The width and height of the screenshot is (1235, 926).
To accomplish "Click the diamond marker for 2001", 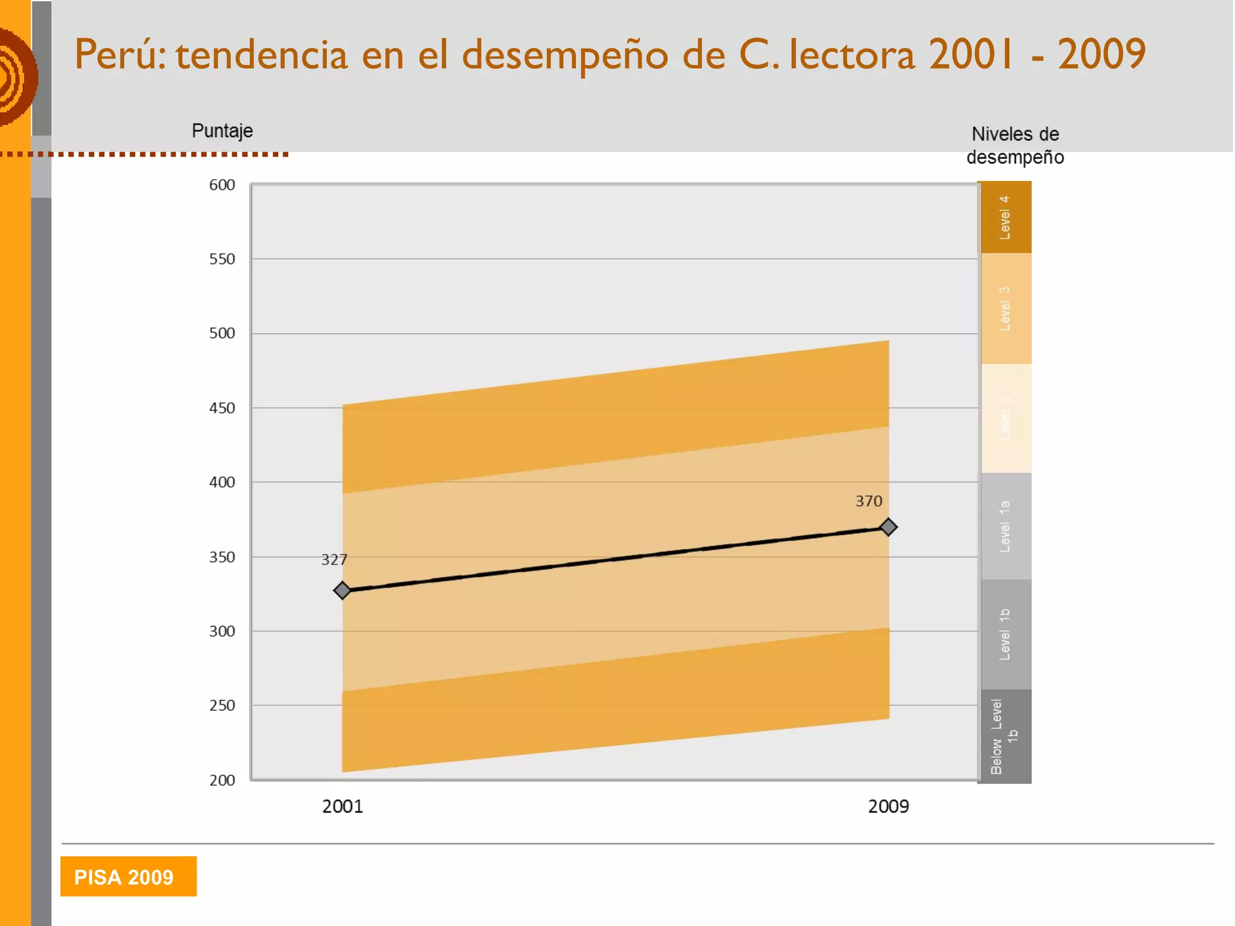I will pyautogui.click(x=342, y=590).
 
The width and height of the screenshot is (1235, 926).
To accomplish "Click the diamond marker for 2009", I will pyautogui.click(x=888, y=527).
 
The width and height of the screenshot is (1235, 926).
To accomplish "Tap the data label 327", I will pyautogui.click(x=334, y=560).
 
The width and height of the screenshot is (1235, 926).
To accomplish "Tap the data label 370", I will pyautogui.click(x=868, y=501).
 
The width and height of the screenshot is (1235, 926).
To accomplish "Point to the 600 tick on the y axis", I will pyautogui.click(x=222, y=185).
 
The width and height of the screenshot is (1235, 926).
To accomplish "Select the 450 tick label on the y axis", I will pyautogui.click(x=222, y=408).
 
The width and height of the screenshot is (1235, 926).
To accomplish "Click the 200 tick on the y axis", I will pyautogui.click(x=222, y=780).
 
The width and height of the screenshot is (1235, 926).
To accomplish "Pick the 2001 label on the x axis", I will pyautogui.click(x=343, y=807).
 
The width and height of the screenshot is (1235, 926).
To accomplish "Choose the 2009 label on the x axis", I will pyautogui.click(x=888, y=807).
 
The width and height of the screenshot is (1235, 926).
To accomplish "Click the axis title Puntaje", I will pyautogui.click(x=222, y=131).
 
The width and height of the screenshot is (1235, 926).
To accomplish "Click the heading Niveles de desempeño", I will pyautogui.click(x=1015, y=145).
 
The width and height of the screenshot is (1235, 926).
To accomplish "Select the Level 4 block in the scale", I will pyautogui.click(x=1005, y=217).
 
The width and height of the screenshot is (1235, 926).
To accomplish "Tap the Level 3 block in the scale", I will pyautogui.click(x=1005, y=308).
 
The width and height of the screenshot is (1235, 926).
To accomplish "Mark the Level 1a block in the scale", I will pyautogui.click(x=1005, y=526).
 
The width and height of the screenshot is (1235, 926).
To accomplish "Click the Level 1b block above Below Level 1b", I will pyautogui.click(x=1005, y=634).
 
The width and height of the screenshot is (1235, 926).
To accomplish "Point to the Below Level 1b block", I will pyautogui.click(x=1005, y=737).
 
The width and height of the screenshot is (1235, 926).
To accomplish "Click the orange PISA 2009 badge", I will pyautogui.click(x=128, y=877).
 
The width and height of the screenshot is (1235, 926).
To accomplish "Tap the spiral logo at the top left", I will pyautogui.click(x=17, y=77).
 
